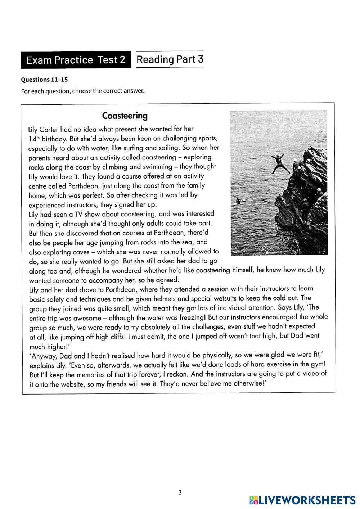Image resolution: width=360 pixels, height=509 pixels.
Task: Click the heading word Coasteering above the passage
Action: click(125, 116)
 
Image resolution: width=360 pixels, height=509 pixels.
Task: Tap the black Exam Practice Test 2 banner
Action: click(76, 60)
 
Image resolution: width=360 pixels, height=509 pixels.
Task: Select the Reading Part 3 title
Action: click(170, 59)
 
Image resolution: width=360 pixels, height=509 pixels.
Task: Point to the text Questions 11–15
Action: click(44, 80)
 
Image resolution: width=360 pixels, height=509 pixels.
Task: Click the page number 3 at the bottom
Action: click(180, 493)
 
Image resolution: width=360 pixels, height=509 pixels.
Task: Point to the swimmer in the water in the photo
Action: click(238, 201)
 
